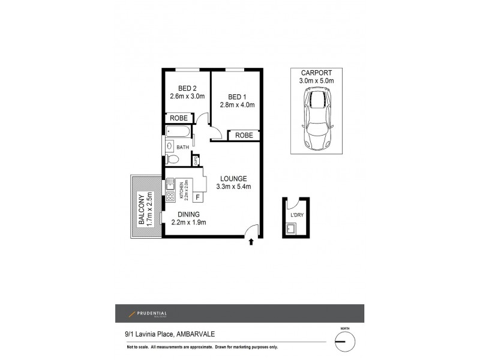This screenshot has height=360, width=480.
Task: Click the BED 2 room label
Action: pyautogui.click(x=187, y=87)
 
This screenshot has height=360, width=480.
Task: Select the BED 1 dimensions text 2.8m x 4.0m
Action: pyautogui.click(x=238, y=105)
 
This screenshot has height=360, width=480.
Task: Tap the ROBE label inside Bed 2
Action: pyautogui.click(x=179, y=118)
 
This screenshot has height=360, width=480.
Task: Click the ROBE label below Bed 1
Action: pyautogui.click(x=244, y=136)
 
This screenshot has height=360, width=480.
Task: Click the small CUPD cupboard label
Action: pyautogui.click(x=196, y=160)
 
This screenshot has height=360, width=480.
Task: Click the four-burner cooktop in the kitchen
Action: pyautogui.click(x=170, y=196)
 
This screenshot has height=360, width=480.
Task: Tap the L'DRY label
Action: pyautogui.click(x=296, y=215)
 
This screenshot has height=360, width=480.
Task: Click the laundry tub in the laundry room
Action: pyautogui.click(x=291, y=228)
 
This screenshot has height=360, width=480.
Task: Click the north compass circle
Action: pyautogui.click(x=343, y=340)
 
